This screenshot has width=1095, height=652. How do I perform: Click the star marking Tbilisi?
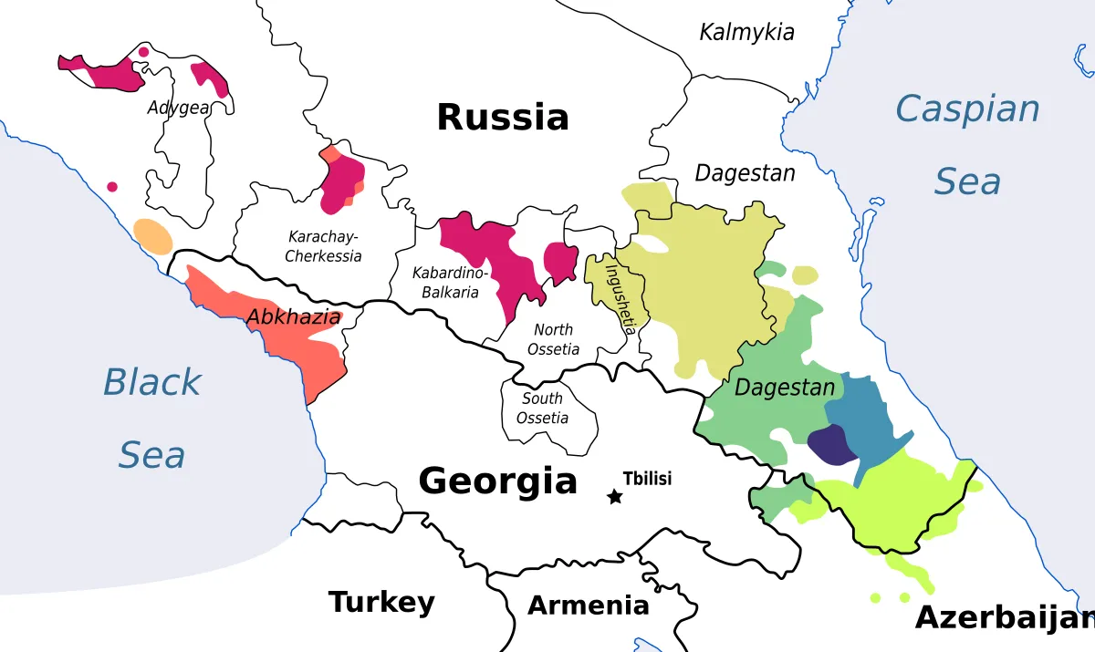pyautogui.click(x=615, y=497)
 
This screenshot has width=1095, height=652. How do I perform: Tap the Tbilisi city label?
pyautogui.click(x=647, y=479)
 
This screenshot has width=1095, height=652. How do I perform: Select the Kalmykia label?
pyautogui.click(x=746, y=33)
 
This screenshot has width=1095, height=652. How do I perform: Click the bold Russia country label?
pyautogui.click(x=502, y=118)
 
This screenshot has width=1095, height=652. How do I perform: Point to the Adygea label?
pyautogui.click(x=178, y=108)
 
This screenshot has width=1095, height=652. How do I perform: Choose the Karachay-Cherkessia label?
pyautogui.click(x=323, y=246)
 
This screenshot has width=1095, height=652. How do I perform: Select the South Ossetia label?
pyautogui.click(x=542, y=409)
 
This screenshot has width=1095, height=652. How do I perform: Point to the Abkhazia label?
pyautogui.click(x=294, y=317)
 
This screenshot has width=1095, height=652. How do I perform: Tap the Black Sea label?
pyautogui.click(x=151, y=417)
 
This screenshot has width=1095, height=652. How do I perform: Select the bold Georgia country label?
pyautogui.click(x=497, y=481)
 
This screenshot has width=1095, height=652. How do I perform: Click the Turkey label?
pyautogui.click(x=381, y=602)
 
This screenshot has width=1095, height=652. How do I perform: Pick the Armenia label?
pyautogui.click(x=589, y=605)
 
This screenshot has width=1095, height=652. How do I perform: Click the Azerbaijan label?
pyautogui.click(x=1004, y=617)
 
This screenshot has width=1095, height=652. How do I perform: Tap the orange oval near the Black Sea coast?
pyautogui.click(x=152, y=236)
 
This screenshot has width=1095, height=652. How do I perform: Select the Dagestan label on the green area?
pyautogui.click(x=785, y=388)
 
